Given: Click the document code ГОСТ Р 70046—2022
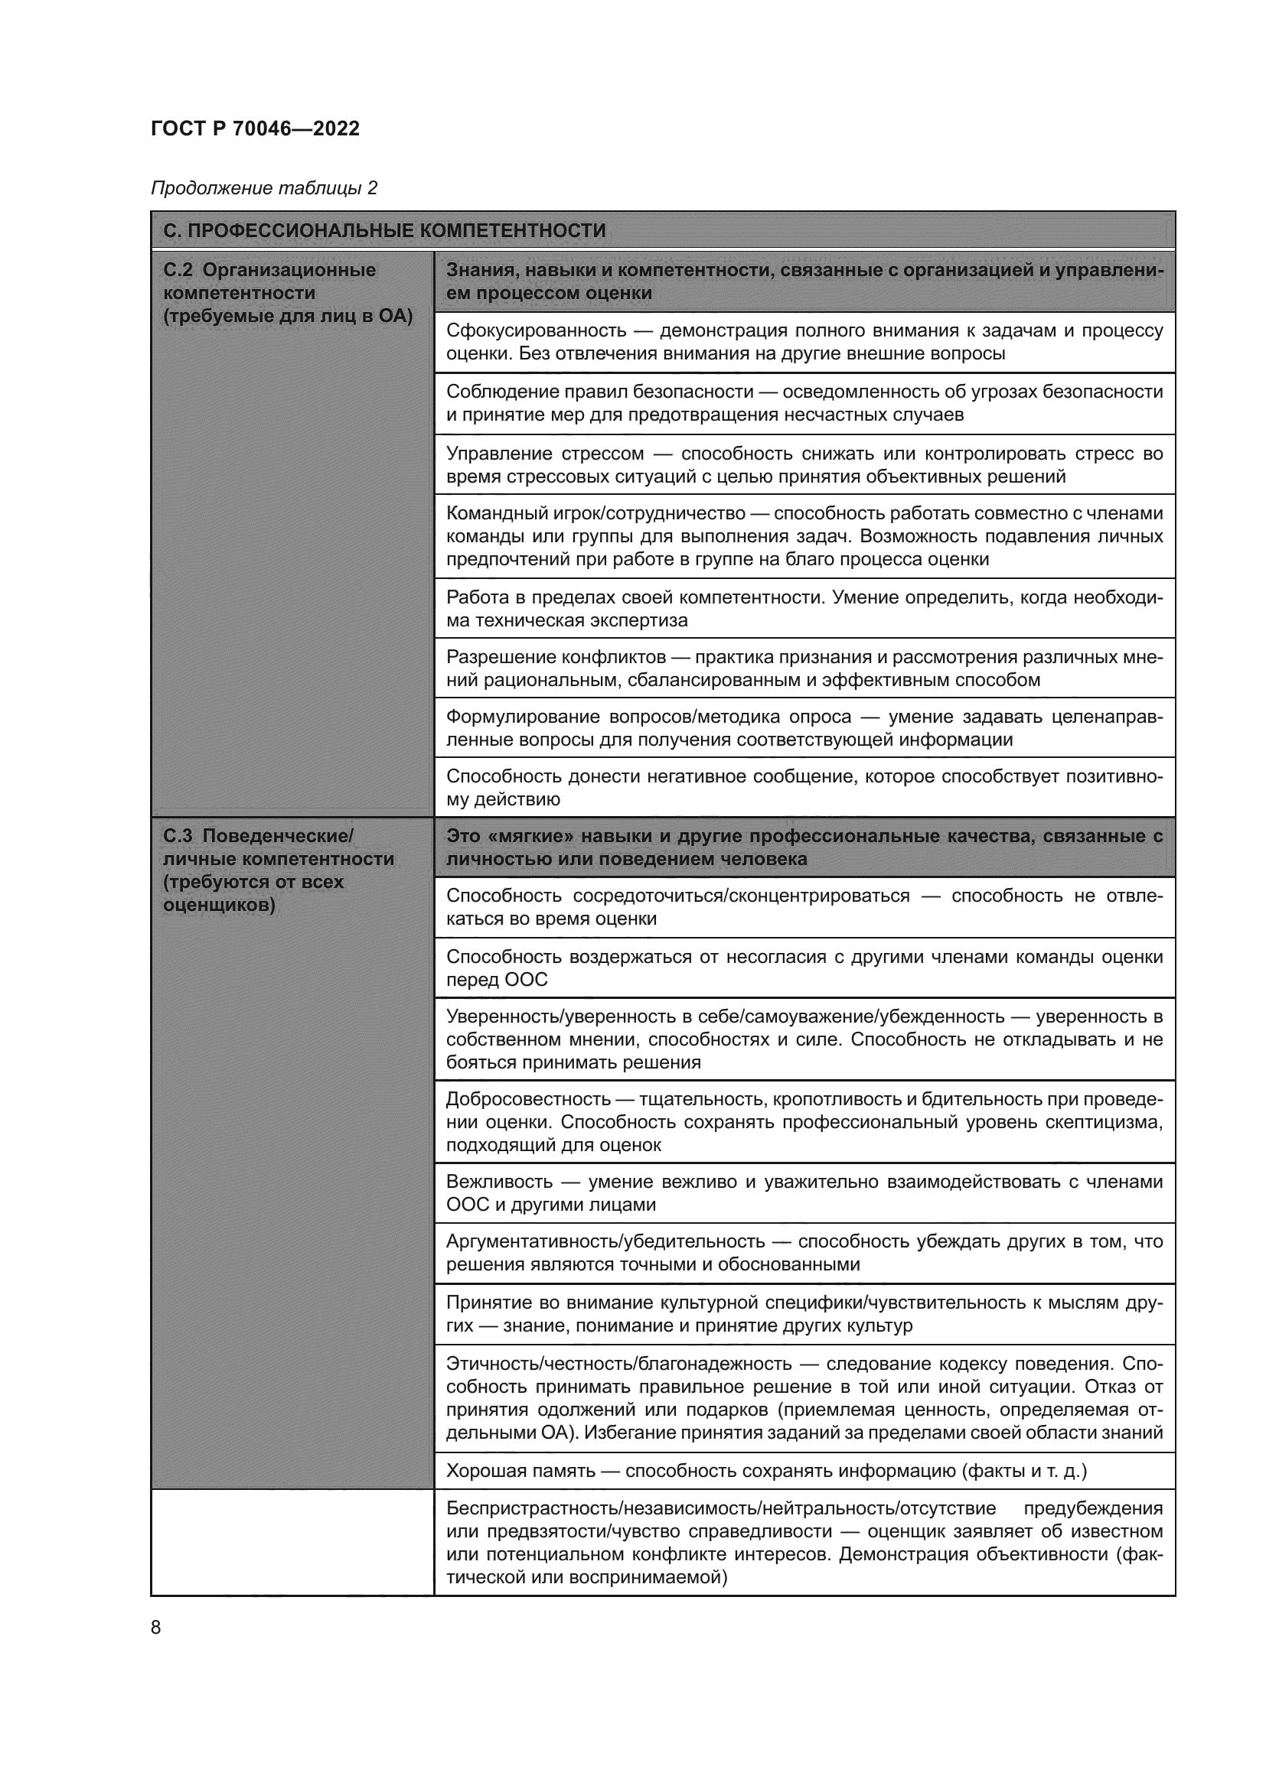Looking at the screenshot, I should [255, 128].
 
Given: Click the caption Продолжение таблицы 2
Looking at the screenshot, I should [263, 188].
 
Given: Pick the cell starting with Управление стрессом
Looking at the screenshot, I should [804, 464].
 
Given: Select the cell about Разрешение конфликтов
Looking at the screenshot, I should [804, 668].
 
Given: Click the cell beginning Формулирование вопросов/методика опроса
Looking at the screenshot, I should [804, 727].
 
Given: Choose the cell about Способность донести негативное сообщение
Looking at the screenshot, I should [804, 788].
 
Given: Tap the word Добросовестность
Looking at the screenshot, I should [528, 1099].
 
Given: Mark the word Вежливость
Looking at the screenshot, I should [499, 1182].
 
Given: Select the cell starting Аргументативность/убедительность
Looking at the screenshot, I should [804, 1253].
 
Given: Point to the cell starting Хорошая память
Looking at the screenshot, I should [804, 1471].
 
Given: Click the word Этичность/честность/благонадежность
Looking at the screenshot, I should [618, 1365].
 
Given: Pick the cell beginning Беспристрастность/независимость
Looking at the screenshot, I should [804, 1543].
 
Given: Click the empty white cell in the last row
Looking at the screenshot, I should [292, 1543].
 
